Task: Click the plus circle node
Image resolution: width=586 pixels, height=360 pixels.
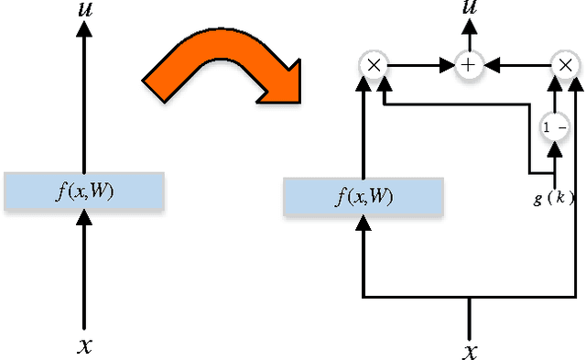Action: (471, 64)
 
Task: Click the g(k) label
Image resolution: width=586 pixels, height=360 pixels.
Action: (554, 197)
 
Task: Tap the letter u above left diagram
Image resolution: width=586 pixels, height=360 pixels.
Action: (83, 11)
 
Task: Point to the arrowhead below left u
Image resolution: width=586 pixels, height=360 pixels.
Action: (83, 30)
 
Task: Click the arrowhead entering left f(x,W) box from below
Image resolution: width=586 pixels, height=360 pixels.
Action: (83, 217)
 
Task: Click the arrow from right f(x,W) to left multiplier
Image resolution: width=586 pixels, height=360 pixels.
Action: (364, 128)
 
